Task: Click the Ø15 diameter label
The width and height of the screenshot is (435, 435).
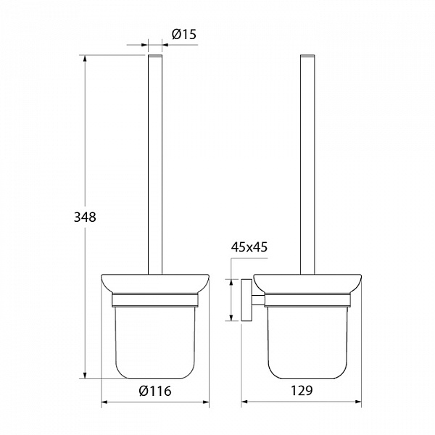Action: point(183,34)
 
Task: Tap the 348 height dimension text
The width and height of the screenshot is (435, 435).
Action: point(85,217)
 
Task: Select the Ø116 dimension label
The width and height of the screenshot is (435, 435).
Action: point(155,391)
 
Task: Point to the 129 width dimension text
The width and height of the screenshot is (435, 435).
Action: point(302,391)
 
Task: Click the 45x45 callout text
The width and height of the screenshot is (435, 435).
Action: point(249,247)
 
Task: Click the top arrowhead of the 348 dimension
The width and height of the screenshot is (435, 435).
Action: point(85,59)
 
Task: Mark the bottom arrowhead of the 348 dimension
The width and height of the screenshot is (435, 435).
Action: point(85,375)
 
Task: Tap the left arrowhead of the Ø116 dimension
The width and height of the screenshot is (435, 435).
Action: point(104,402)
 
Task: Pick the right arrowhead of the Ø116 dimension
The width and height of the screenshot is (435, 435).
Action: point(206,402)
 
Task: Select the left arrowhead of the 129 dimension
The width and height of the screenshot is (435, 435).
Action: point(245,402)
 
